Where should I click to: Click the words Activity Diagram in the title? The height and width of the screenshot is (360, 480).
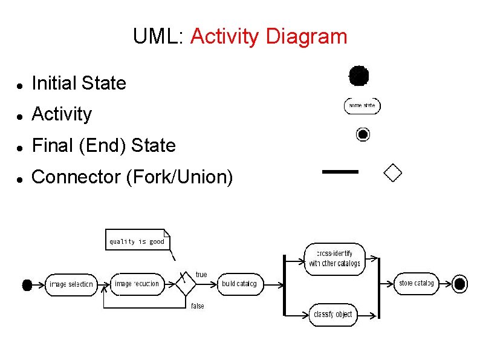tap(268, 37)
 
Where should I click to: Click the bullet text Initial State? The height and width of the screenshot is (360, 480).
tap(79, 83)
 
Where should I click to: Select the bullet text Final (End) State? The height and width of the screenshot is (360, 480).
tap(103, 145)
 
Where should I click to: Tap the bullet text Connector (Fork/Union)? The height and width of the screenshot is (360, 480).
tap(132, 177)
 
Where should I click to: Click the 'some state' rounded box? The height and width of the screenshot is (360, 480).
tap(362, 106)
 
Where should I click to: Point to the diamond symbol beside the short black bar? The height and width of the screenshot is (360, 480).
tap(393, 172)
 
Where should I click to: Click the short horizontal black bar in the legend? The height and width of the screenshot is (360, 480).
tap(340, 172)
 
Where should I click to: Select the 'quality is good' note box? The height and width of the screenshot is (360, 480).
tap(137, 240)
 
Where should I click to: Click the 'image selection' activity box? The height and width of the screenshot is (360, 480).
tap(71, 284)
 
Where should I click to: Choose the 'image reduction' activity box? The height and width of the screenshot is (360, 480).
tap(137, 284)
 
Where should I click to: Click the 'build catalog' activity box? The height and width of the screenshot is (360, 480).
tap(239, 284)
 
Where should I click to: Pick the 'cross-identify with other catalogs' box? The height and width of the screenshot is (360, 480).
tap(334, 258)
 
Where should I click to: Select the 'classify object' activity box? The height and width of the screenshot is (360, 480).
tap(332, 314)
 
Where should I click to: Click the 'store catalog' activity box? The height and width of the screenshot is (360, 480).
tap(416, 283)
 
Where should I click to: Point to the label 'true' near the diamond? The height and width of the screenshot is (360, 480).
tap(201, 275)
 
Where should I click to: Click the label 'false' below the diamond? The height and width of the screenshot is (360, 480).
tap(198, 306)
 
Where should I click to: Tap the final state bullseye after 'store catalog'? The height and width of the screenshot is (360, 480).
tap(459, 284)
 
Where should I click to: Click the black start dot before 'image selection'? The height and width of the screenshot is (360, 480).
tap(27, 284)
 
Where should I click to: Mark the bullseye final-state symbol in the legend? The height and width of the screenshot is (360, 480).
tap(363, 134)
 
